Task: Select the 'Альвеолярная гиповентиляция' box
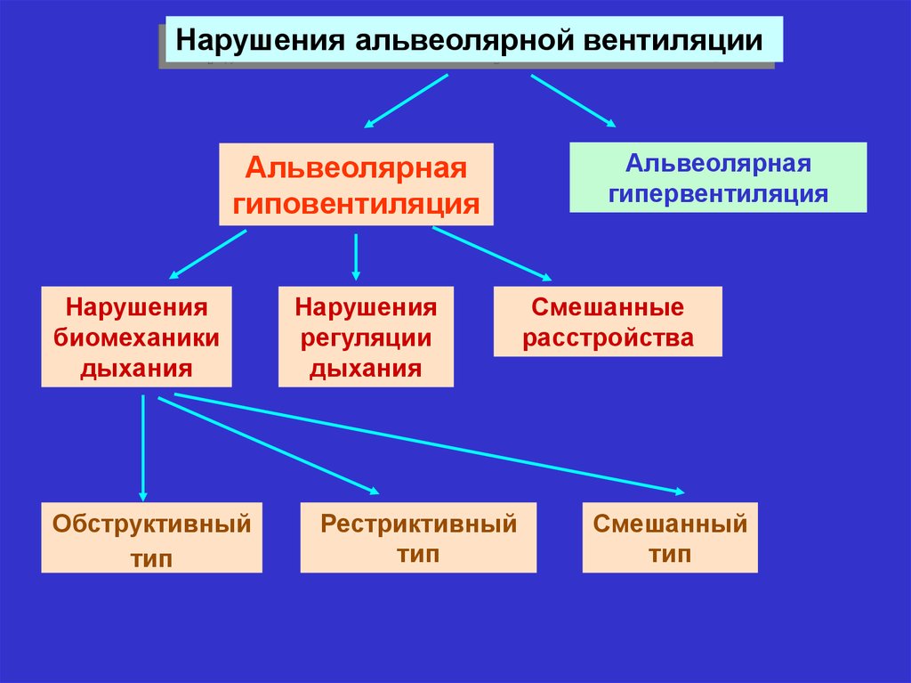pyautogui.click(x=356, y=184)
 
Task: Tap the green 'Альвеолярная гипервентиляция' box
pyautogui.click(x=718, y=178)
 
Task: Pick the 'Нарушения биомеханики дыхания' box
pyautogui.click(x=136, y=337)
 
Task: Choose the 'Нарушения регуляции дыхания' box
pyautogui.click(x=366, y=337)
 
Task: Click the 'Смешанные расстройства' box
pyautogui.click(x=608, y=322)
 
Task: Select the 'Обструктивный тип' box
pyautogui.click(x=151, y=537)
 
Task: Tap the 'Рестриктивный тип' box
pyautogui.click(x=418, y=537)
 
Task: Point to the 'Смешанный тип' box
pyautogui.click(x=670, y=537)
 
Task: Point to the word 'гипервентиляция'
pyautogui.click(x=718, y=193)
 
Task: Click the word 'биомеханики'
pyautogui.click(x=136, y=337)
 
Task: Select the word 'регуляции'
pyautogui.click(x=366, y=337)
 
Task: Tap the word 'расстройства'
pyautogui.click(x=608, y=338)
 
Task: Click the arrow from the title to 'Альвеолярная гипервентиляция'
pyautogui.click(x=574, y=100)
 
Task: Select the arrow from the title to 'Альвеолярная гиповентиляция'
pyautogui.click(x=406, y=101)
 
